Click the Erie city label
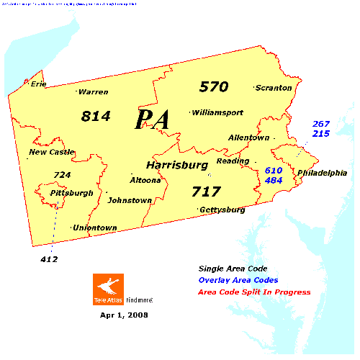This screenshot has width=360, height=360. pyautogui.click(x=38, y=84)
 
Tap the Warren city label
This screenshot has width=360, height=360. pyautogui.click(x=94, y=92)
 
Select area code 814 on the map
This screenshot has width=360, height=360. pyautogui.click(x=96, y=115)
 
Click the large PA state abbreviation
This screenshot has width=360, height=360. pyautogui.click(x=153, y=120)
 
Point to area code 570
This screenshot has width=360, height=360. pyautogui.click(x=214, y=87)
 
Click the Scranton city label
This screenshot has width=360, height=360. pyautogui.click(x=274, y=88)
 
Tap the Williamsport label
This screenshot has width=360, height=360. pyautogui.click(x=218, y=112)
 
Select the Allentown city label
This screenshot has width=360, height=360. pyautogui.click(x=248, y=138)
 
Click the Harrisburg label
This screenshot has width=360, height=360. pyautogui.click(x=177, y=165)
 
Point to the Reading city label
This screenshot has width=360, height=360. pyautogui.click(x=233, y=161)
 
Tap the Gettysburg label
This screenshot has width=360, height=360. pyautogui.click(x=223, y=210)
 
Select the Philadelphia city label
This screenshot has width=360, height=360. pyautogui.click(x=322, y=173)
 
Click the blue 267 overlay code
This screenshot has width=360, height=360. pyautogui.click(x=320, y=124)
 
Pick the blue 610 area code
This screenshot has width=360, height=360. pyautogui.click(x=274, y=170)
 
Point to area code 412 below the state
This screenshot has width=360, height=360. pyautogui.click(x=49, y=259)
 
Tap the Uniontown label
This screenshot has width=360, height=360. pyautogui.click(x=96, y=228)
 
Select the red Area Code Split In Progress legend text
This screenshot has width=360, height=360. pyautogui.click(x=256, y=292)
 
